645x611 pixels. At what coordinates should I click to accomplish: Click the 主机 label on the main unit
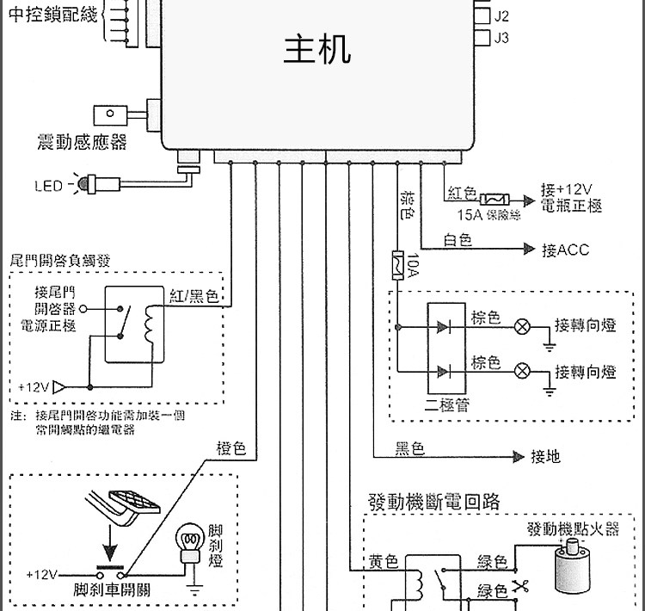317,50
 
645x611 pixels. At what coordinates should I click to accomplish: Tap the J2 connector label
502,15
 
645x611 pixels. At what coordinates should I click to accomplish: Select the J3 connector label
502,38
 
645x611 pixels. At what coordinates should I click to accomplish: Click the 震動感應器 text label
83,142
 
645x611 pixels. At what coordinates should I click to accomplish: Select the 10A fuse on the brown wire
398,263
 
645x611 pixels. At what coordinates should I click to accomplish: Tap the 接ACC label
565,250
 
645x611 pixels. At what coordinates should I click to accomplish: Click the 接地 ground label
545,456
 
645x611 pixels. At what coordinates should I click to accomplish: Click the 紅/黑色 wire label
193,296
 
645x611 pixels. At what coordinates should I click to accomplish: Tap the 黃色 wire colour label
384,563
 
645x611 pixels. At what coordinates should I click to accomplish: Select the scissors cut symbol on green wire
519,587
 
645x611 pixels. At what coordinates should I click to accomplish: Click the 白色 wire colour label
458,241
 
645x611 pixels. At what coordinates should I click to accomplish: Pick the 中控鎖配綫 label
52,14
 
